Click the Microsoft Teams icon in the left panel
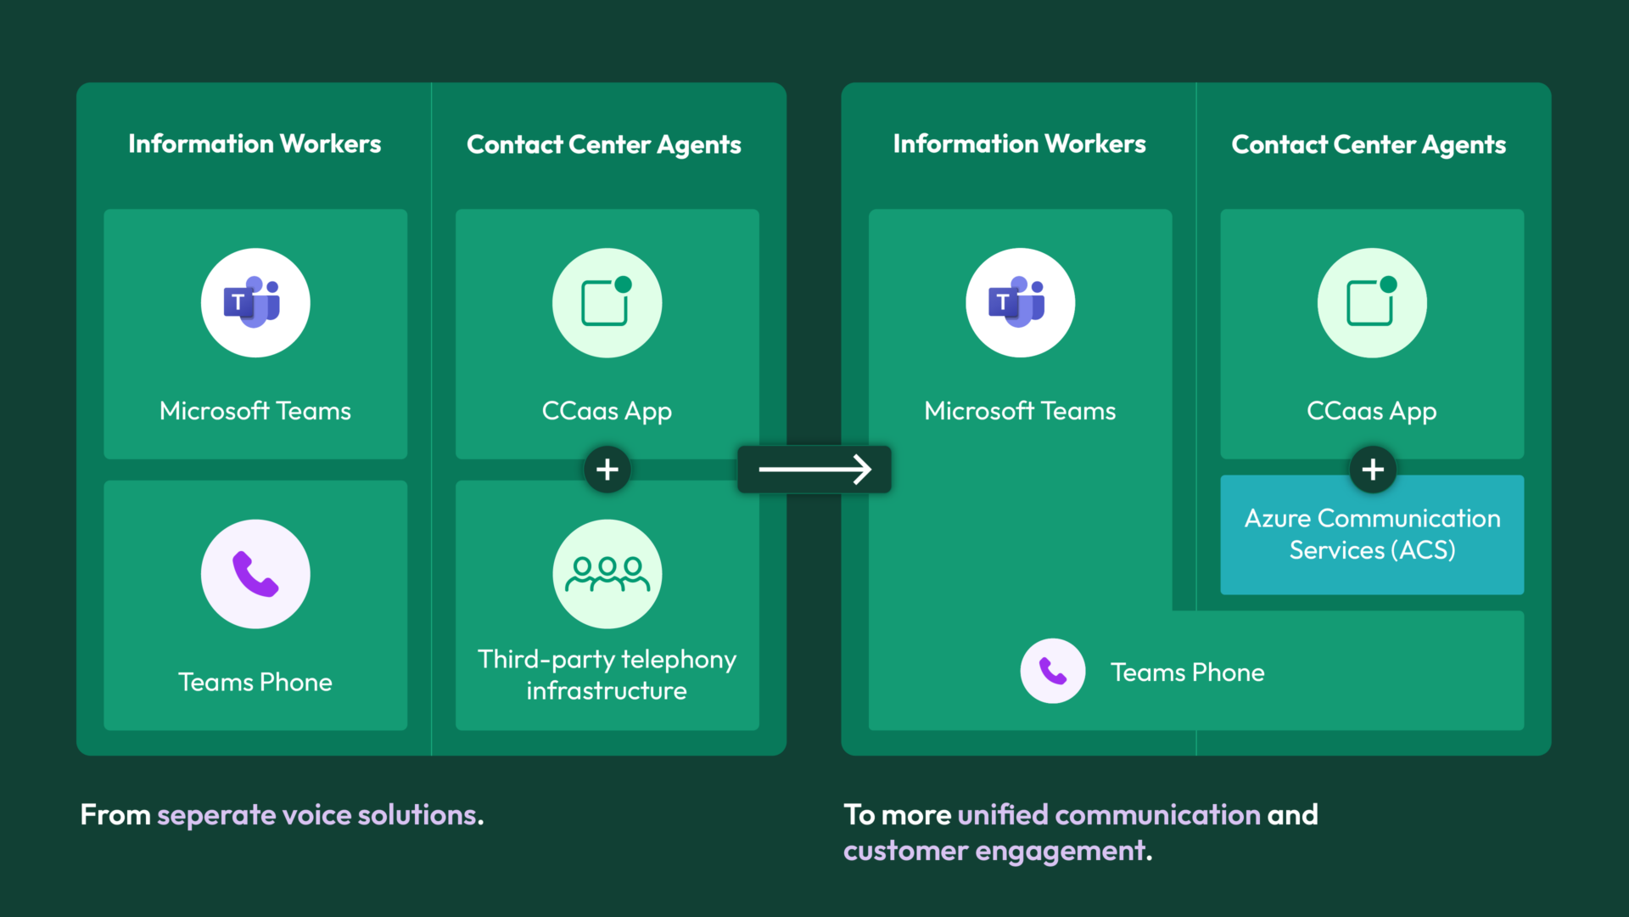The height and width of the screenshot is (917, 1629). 255,302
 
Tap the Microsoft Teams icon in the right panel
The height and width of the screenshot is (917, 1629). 1020,302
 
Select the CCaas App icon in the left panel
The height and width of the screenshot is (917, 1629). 607,302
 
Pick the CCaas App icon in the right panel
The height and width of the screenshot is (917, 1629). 1372,302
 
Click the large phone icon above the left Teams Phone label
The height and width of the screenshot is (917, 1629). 255,574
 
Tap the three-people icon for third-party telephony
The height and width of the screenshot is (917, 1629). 607,574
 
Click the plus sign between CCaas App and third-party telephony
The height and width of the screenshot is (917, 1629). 607,470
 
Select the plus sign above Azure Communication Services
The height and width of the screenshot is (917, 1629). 1373,470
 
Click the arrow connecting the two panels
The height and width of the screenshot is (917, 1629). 814,470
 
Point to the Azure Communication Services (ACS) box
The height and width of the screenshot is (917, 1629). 1372,535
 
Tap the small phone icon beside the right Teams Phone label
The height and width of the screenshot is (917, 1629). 1053,671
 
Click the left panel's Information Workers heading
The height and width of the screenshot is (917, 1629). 255,144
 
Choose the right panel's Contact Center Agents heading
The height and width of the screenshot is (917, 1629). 1369,145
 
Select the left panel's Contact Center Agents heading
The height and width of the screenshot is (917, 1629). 604,145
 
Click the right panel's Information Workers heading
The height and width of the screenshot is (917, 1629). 1020,144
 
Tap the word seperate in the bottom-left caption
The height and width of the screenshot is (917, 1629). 216,816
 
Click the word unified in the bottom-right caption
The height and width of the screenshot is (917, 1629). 1003,815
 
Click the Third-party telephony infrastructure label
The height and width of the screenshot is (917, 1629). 607,675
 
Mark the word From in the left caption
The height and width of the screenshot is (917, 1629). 115,815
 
